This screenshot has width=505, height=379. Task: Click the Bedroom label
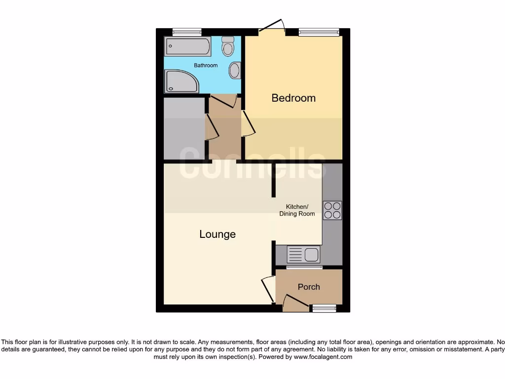point(293,98)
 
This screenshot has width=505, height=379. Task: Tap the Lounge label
point(217,234)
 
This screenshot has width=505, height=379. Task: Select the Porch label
point(309,287)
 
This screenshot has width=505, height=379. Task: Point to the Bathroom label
point(206,65)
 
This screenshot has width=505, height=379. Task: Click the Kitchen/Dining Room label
point(297,210)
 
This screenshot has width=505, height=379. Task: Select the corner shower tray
point(180,81)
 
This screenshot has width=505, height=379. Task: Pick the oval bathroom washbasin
point(235,70)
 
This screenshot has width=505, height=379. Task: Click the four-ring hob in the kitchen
point(332,210)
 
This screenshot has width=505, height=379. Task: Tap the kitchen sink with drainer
point(303,255)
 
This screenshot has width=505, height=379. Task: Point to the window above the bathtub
point(187,32)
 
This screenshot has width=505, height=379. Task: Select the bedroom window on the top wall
point(319,32)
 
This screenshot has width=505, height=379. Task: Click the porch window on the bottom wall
point(324,308)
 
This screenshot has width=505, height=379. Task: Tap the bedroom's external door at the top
point(273,27)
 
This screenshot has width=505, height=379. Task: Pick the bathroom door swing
point(224,101)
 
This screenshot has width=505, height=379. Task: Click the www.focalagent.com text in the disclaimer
point(323,357)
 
